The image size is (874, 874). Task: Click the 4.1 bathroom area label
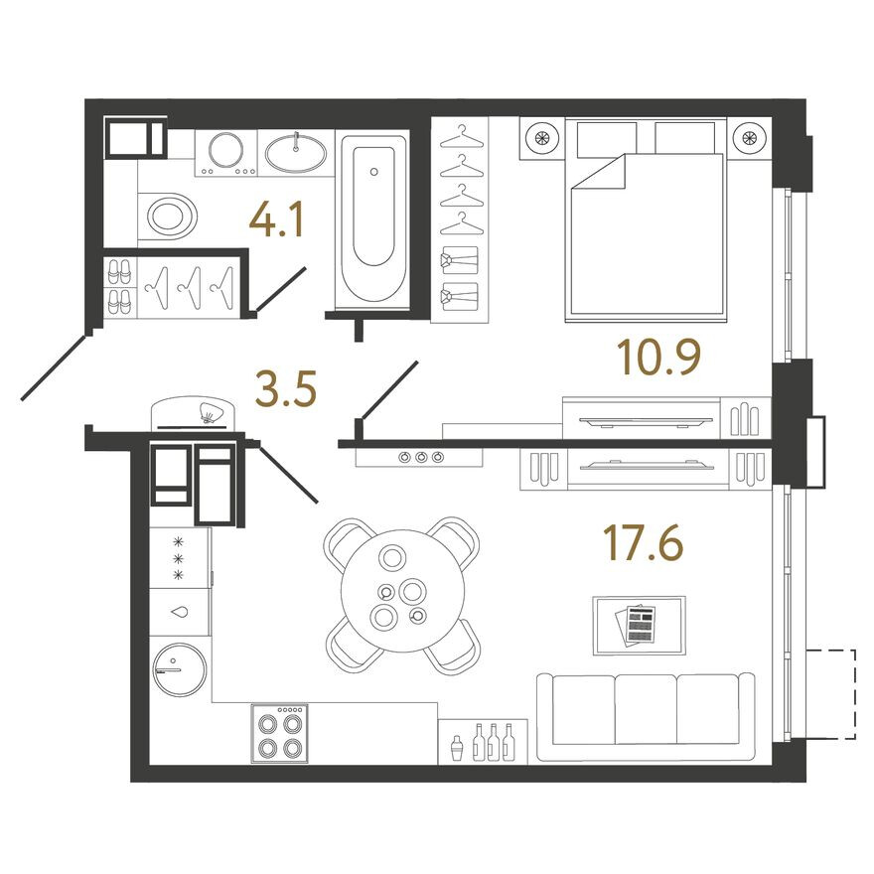click(276, 219)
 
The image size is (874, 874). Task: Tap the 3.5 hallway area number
click(286, 388)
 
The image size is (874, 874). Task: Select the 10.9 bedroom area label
click(658, 357)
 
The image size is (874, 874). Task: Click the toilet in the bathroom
click(167, 217)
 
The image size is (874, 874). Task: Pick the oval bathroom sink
click(295, 154)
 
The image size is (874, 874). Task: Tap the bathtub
click(373, 218)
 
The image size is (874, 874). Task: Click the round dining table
click(402, 591)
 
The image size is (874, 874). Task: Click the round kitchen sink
click(180, 669)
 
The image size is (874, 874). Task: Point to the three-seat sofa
click(646, 717)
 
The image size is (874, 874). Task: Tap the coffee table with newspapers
click(639, 626)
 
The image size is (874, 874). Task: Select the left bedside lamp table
click(542, 138)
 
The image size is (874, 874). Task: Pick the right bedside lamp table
click(749, 138)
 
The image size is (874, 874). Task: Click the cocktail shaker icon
click(457, 747)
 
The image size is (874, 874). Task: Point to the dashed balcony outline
click(830, 694)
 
